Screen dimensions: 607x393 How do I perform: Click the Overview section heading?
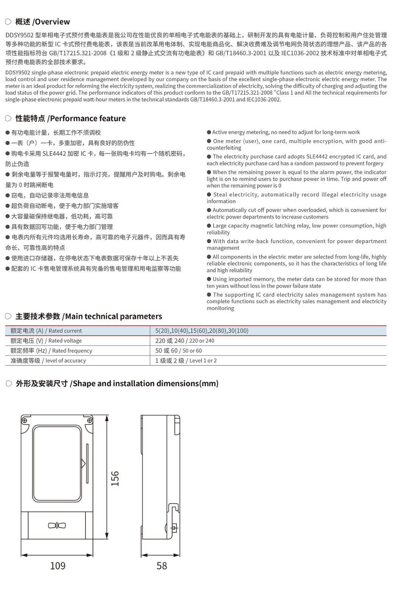tap(42, 22)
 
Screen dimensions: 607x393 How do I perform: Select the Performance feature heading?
tap(70, 118)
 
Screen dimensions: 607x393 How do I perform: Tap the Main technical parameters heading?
tap(89, 316)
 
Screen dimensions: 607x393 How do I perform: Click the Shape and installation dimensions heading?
tap(117, 384)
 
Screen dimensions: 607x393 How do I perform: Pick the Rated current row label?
tap(46, 331)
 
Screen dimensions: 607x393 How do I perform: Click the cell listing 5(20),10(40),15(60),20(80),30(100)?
tap(202, 331)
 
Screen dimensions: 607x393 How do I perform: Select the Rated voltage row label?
tap(46, 341)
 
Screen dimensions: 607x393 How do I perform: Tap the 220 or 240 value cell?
tap(185, 341)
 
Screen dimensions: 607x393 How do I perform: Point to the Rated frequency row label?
tap(51, 351)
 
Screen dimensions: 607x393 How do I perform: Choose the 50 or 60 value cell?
tap(178, 351)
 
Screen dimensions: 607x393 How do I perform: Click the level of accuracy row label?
tap(48, 360)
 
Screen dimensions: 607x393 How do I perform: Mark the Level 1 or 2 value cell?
tap(186, 360)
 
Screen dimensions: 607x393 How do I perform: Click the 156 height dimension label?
tap(115, 478)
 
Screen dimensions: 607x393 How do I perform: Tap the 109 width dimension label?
tap(58, 566)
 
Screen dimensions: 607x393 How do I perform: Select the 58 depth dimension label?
tap(162, 566)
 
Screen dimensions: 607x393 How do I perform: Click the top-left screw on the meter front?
tap(25, 420)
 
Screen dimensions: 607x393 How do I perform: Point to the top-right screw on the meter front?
tap(90, 420)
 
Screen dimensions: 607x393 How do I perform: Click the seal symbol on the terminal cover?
tap(57, 525)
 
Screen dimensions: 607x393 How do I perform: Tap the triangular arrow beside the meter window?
tap(83, 463)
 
